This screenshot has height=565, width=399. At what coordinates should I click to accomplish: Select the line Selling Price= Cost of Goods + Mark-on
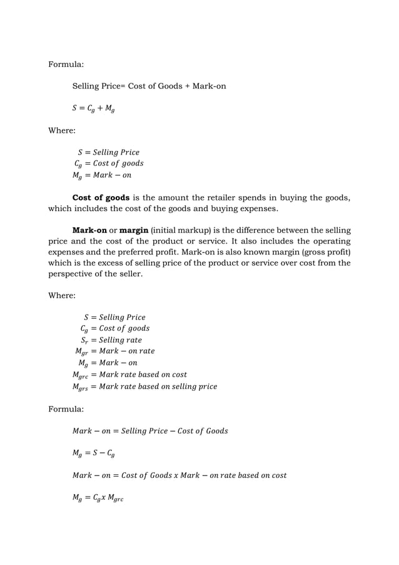point(149,86)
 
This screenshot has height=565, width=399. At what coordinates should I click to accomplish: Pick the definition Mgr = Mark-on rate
point(114,351)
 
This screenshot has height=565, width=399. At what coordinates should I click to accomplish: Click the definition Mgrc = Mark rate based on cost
point(129,375)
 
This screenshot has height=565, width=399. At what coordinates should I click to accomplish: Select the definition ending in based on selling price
point(144,386)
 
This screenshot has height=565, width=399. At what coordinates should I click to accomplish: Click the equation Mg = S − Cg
point(93,453)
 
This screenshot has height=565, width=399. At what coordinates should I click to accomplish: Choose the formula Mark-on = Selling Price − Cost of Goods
point(150,431)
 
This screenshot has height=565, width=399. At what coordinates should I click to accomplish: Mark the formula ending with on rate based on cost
point(179,475)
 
